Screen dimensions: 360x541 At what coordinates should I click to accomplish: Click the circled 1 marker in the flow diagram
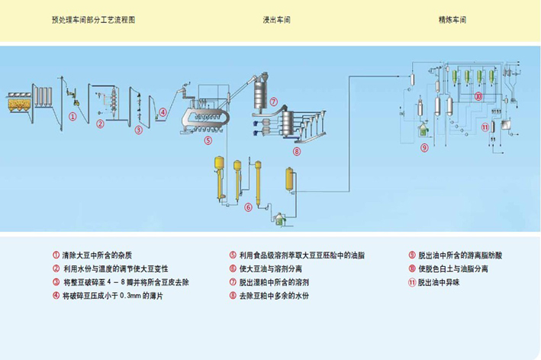(x=72, y=117)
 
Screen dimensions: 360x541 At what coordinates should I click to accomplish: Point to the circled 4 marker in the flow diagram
(x=163, y=114)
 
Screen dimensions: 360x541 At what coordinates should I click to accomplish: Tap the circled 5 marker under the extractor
(x=208, y=140)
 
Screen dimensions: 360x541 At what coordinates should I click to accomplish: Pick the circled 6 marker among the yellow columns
(x=247, y=207)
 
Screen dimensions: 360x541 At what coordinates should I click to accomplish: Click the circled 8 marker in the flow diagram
(x=296, y=151)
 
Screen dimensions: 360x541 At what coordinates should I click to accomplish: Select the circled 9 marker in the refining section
(x=424, y=148)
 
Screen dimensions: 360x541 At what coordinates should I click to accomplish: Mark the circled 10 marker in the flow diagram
(x=478, y=97)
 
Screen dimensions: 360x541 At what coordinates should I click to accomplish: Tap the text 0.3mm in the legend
(x=146, y=295)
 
